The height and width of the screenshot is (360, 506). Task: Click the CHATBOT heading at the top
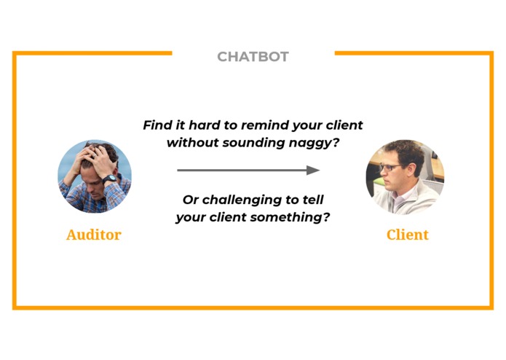(x=253, y=57)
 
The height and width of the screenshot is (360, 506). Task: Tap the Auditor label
(x=93, y=235)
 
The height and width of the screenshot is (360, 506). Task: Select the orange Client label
(x=408, y=235)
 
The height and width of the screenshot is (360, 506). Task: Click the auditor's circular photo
(x=95, y=177)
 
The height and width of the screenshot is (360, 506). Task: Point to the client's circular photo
(x=405, y=177)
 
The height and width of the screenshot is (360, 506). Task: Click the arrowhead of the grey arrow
(x=313, y=171)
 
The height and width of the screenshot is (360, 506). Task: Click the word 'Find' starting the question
(x=156, y=125)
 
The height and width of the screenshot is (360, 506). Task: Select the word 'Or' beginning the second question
(x=190, y=200)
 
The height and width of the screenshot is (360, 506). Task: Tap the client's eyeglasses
(x=390, y=168)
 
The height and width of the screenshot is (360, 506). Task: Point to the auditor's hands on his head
(x=95, y=155)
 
